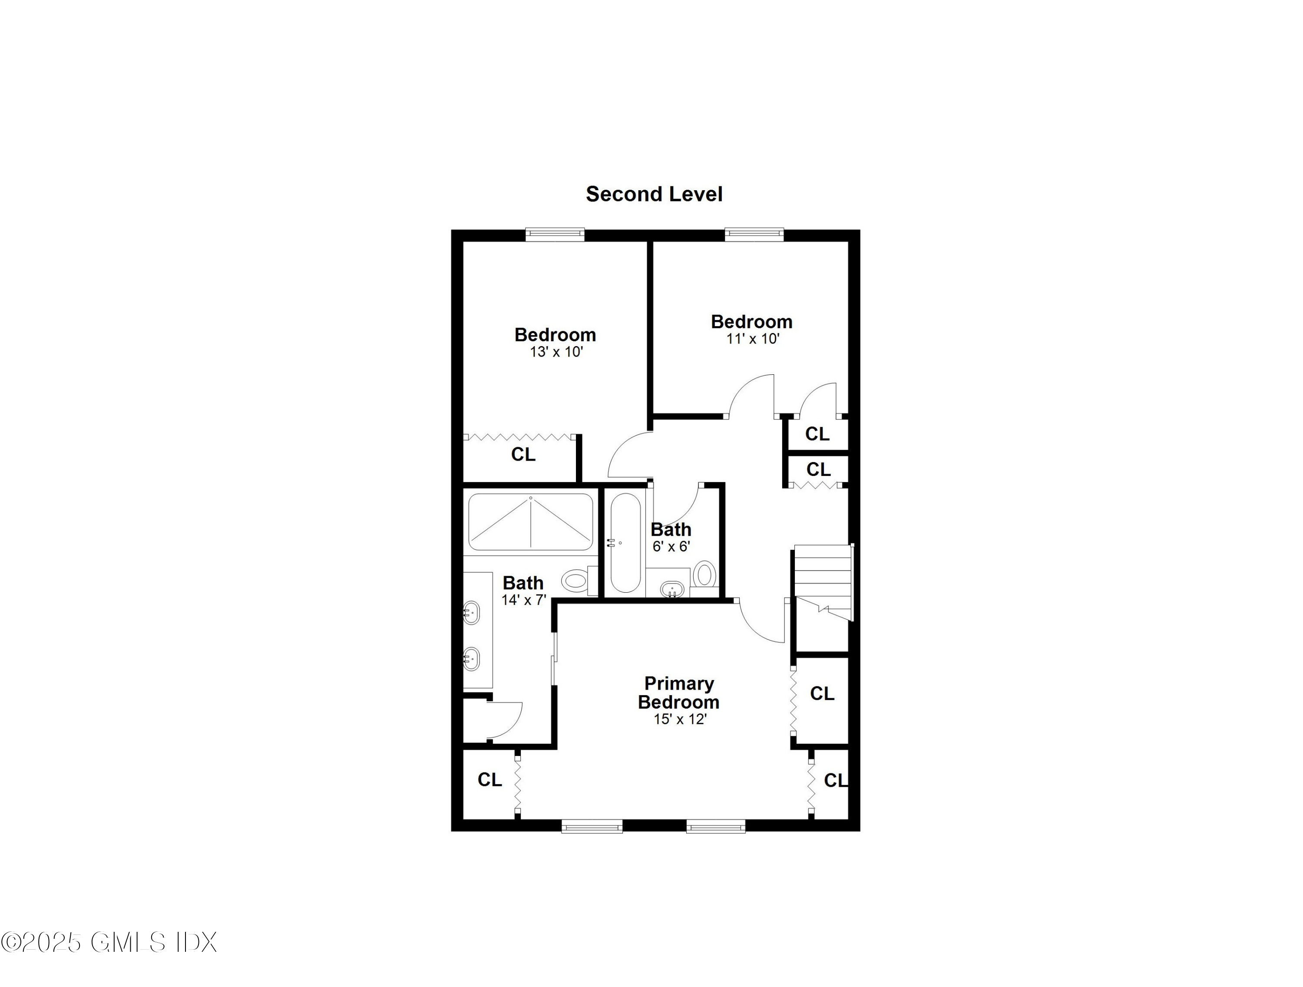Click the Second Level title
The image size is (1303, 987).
654,195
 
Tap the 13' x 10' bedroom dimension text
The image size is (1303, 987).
556,352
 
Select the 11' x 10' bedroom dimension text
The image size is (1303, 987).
753,339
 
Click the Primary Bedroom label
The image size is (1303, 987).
678,693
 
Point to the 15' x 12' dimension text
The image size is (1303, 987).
680,719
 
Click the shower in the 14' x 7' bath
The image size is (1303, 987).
531,522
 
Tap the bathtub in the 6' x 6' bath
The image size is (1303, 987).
625,543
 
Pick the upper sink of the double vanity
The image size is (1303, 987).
471,612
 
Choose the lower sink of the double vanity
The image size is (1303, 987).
471,659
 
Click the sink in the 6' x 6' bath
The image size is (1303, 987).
672,588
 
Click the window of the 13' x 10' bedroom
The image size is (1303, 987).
555,234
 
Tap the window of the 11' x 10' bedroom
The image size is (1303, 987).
754,234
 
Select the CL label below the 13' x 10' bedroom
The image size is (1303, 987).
523,455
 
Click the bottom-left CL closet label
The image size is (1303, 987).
489,780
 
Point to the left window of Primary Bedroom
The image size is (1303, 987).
592,827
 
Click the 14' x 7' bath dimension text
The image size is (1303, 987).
524,600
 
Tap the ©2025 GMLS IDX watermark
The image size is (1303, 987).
109,943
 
